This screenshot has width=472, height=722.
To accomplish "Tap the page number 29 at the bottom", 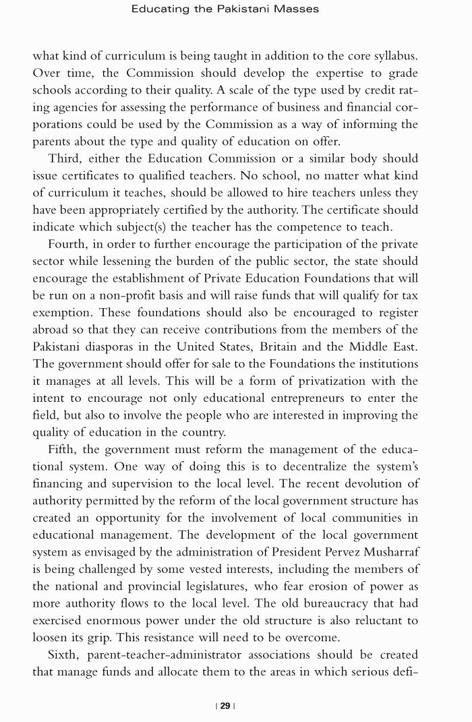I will click(x=225, y=706).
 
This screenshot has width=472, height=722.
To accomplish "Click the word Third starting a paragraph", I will click(x=65, y=158).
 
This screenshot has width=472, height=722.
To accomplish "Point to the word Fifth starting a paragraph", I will click(x=63, y=449).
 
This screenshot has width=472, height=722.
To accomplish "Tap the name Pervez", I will click(x=326, y=552).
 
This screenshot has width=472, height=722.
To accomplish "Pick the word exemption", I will click(x=61, y=313).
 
